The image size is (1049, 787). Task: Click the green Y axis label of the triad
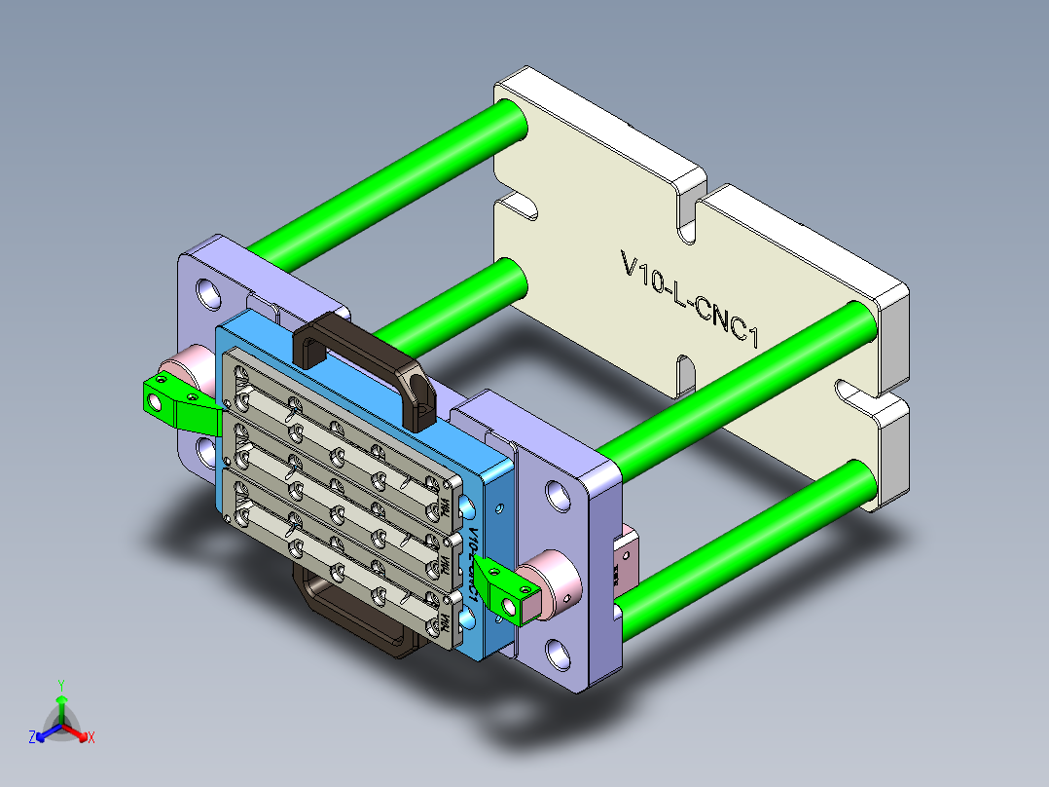click(61, 685)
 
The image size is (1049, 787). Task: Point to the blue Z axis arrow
click(43, 734)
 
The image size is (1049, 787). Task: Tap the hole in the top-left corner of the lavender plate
click(208, 290)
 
